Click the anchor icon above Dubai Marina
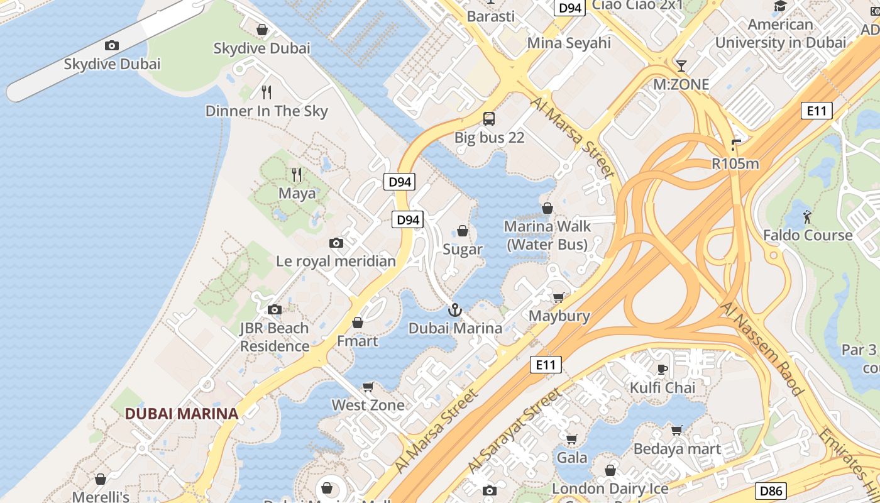coord(454,309)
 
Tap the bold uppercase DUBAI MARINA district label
coord(182,414)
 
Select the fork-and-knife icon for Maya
coord(297,174)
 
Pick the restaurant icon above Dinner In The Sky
coord(267,92)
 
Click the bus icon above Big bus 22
coord(489,118)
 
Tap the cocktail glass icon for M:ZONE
coord(681,65)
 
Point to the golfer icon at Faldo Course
coord(808,217)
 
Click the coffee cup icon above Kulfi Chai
coord(662,369)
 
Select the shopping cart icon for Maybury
coord(558,297)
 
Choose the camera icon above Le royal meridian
coord(336,243)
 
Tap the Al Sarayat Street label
coord(515,431)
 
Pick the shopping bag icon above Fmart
coord(358,323)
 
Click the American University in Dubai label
coord(781,34)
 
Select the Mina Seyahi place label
coord(569,43)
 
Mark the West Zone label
coord(368,405)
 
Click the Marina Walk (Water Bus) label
coord(547,235)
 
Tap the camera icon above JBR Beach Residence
coord(275,309)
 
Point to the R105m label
coord(735,164)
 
